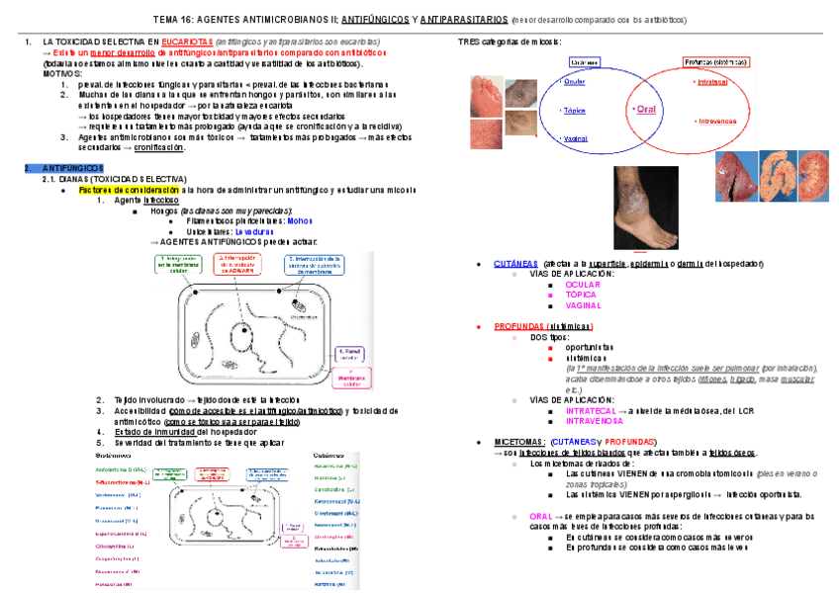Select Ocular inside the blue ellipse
[575, 82]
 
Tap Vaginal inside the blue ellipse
[576, 139]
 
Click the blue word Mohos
[300, 220]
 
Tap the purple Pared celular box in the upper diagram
[350, 352]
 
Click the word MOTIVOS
[61, 73]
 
